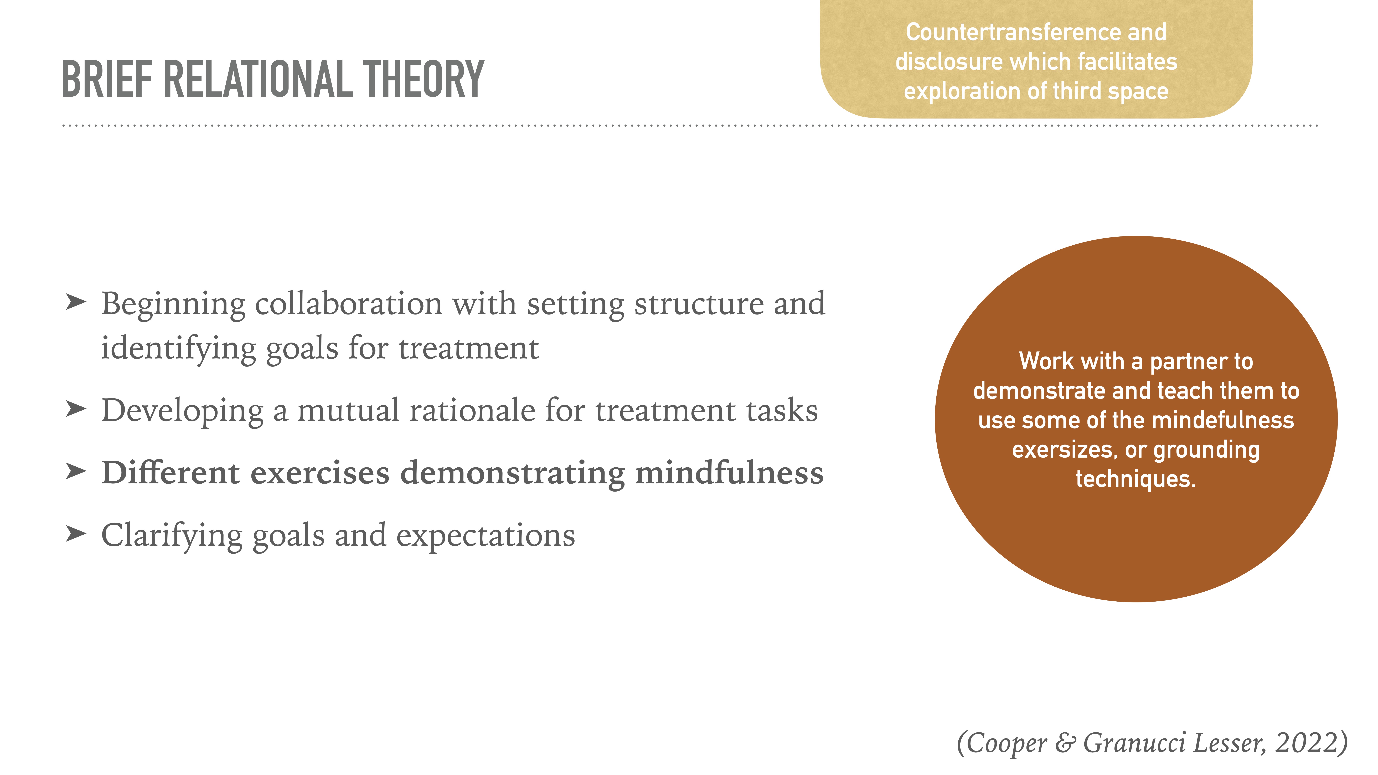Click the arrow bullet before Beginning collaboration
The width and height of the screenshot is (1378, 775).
pyautogui.click(x=75, y=302)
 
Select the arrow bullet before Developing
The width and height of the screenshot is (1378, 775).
pyautogui.click(x=75, y=409)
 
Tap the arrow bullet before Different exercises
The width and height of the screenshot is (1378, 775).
pyautogui.click(x=75, y=472)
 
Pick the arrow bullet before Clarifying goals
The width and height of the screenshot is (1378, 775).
pyautogui.click(x=75, y=534)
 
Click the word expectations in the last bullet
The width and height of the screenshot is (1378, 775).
pyautogui.click(x=485, y=536)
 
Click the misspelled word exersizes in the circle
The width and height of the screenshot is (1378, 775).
pyautogui.click(x=1062, y=450)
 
